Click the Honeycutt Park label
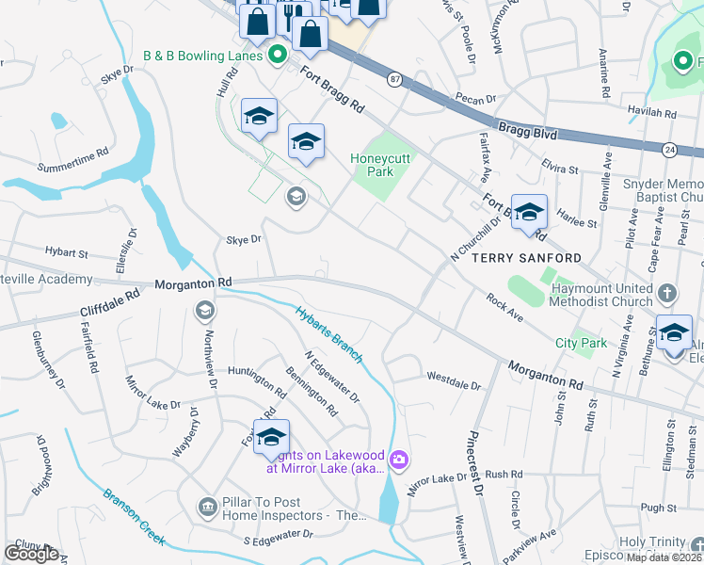coord(381,166)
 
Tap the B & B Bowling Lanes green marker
coord(277,56)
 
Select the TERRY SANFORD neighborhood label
coord(525,257)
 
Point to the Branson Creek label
coord(135,517)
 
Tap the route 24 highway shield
coord(669,149)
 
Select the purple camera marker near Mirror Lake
coord(399,460)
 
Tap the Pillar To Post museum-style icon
coord(206,508)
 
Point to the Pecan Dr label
coord(476,99)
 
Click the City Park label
coord(581,344)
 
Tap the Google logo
coord(32,553)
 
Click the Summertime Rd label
coord(75,168)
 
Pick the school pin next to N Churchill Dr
coord(529,212)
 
